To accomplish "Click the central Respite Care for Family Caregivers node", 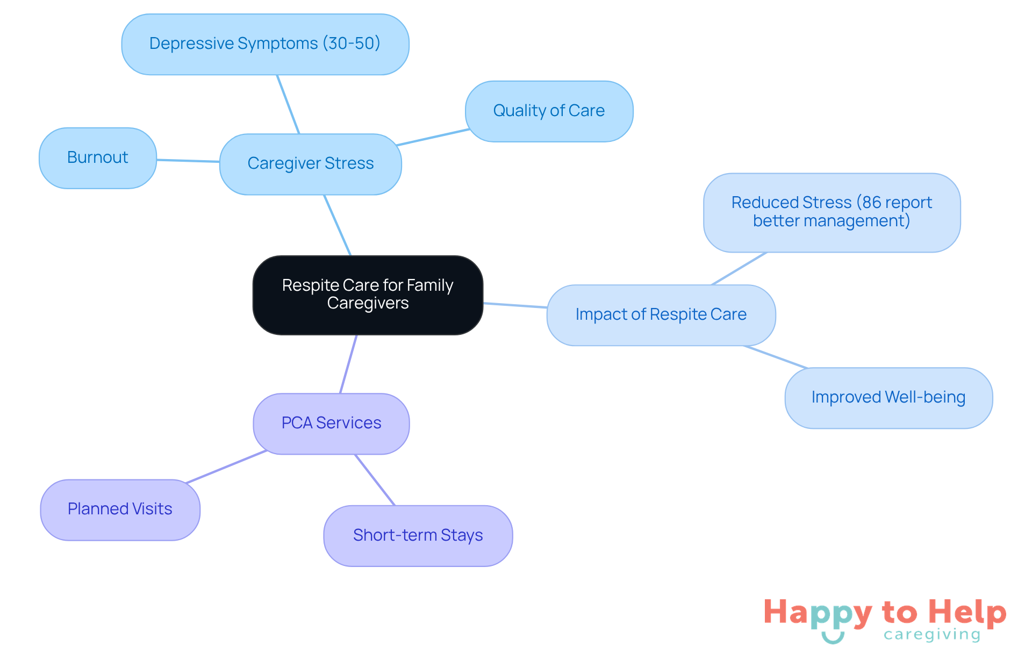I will coord(368,295).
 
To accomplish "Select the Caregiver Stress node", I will coord(310,163).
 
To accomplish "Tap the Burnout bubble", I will coord(97,157).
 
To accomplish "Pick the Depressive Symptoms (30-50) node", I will coord(264,44).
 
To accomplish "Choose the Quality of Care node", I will coord(548,111).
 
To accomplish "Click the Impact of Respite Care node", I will coord(661,314).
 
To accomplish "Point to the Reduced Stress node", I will coord(831,212).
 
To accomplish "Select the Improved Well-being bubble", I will coord(888,397).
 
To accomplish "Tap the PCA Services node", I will coord(331,423).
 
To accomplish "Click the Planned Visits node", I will coord(120,509).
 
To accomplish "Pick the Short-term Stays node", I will coord(418,535).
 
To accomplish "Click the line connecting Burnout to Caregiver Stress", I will coord(188,161).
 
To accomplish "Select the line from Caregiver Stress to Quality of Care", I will coord(433,137).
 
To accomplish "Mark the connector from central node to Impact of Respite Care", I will coord(515,305).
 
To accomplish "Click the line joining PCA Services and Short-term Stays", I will coord(375,479).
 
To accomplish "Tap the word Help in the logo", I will coord(967,612).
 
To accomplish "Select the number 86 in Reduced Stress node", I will coord(872,203).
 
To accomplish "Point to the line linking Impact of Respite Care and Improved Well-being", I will coord(776,357).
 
